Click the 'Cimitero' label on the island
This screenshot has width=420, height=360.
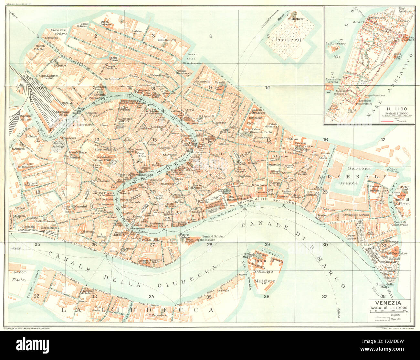286,40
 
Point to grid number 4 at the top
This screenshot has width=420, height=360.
210,36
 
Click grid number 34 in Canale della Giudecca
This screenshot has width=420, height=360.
151,297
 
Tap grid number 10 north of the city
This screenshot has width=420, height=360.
268,88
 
